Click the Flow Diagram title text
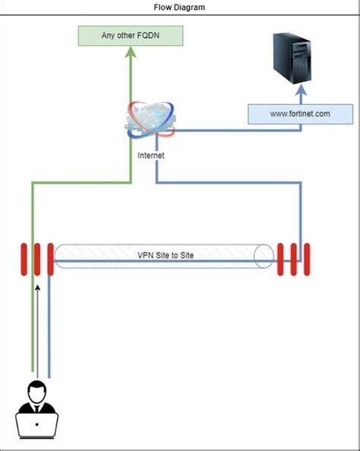coord(179,7)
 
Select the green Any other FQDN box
coord(131,36)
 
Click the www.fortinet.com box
coord(300,114)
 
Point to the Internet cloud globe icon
coord(152,122)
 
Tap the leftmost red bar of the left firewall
coord(24,259)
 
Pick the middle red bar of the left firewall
coord(36,259)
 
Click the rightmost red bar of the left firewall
coord(49,259)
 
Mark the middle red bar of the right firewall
coord(295,259)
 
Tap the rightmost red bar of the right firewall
coord(307,259)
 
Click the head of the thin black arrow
coord(36,289)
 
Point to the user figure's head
coord(36,392)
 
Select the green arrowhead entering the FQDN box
coord(131,52)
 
